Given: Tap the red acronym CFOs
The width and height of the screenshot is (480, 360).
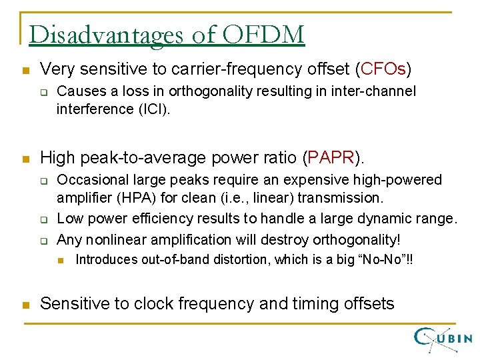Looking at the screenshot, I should [383, 69].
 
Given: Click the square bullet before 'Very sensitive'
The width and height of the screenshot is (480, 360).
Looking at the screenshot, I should [25, 69].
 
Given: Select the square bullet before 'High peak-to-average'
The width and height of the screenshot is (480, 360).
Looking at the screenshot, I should [25, 159].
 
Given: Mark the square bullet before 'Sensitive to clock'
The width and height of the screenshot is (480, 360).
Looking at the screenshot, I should [25, 305].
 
